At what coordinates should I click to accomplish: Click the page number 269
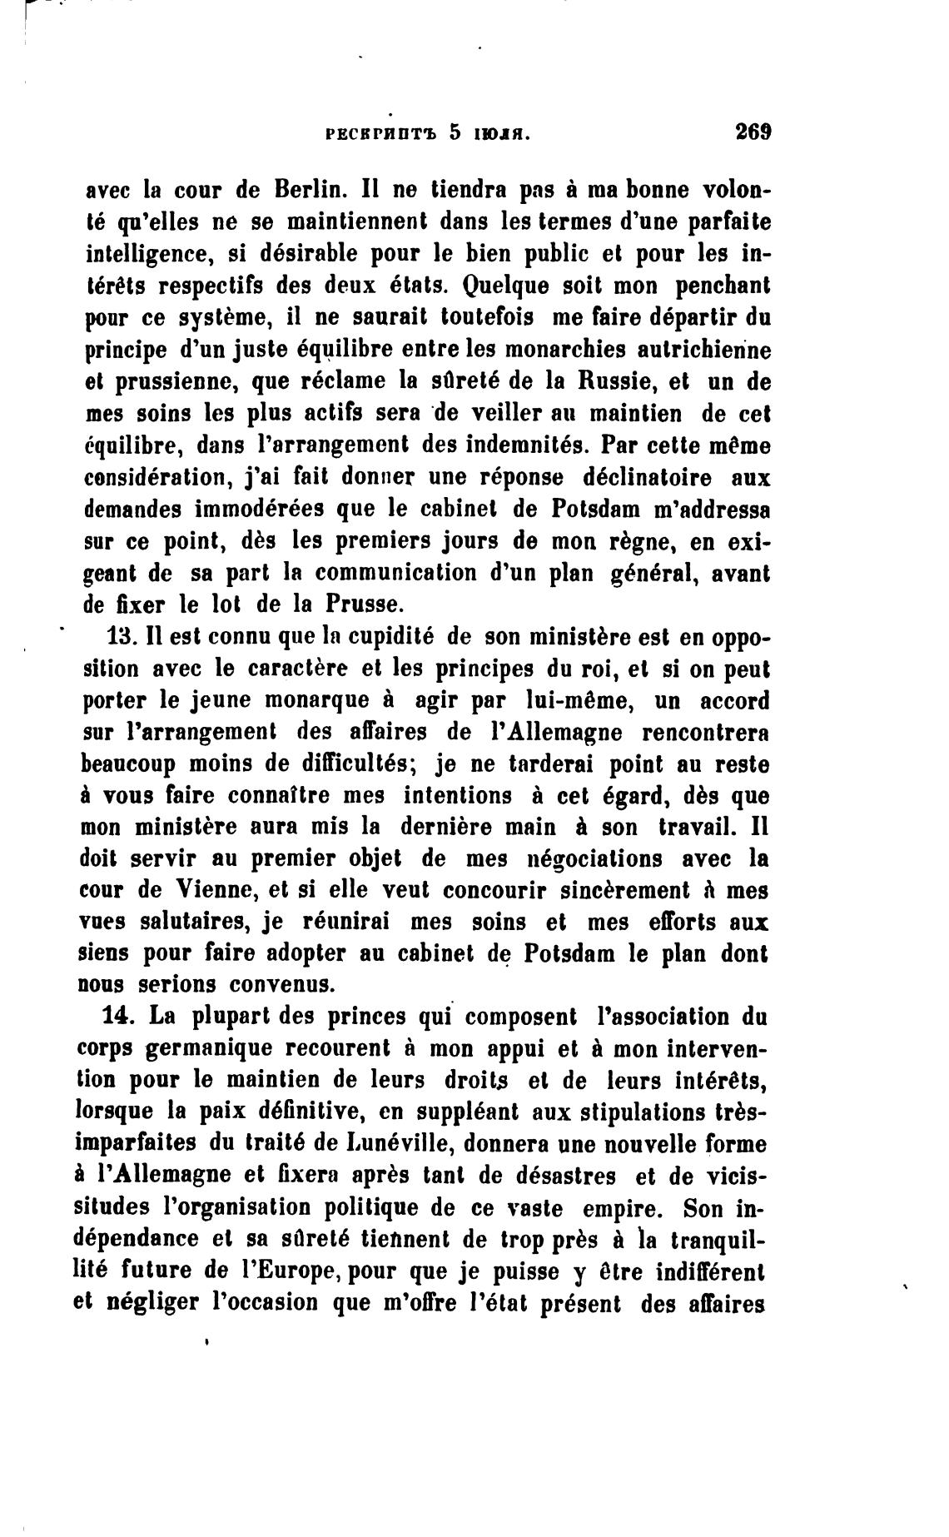point(753,132)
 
